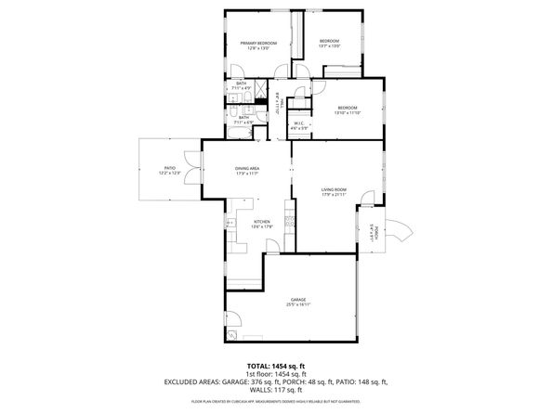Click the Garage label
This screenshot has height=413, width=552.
(298, 299)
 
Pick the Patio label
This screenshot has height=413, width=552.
(168, 168)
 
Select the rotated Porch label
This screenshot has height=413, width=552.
(372, 233)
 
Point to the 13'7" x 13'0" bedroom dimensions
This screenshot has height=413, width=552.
(330, 45)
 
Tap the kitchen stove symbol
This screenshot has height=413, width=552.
(290, 223)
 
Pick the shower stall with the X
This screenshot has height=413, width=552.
(263, 90)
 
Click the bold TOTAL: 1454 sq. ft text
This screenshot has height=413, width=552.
(276, 366)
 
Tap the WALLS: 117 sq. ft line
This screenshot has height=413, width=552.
(276, 390)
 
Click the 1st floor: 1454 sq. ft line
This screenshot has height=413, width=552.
(276, 374)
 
